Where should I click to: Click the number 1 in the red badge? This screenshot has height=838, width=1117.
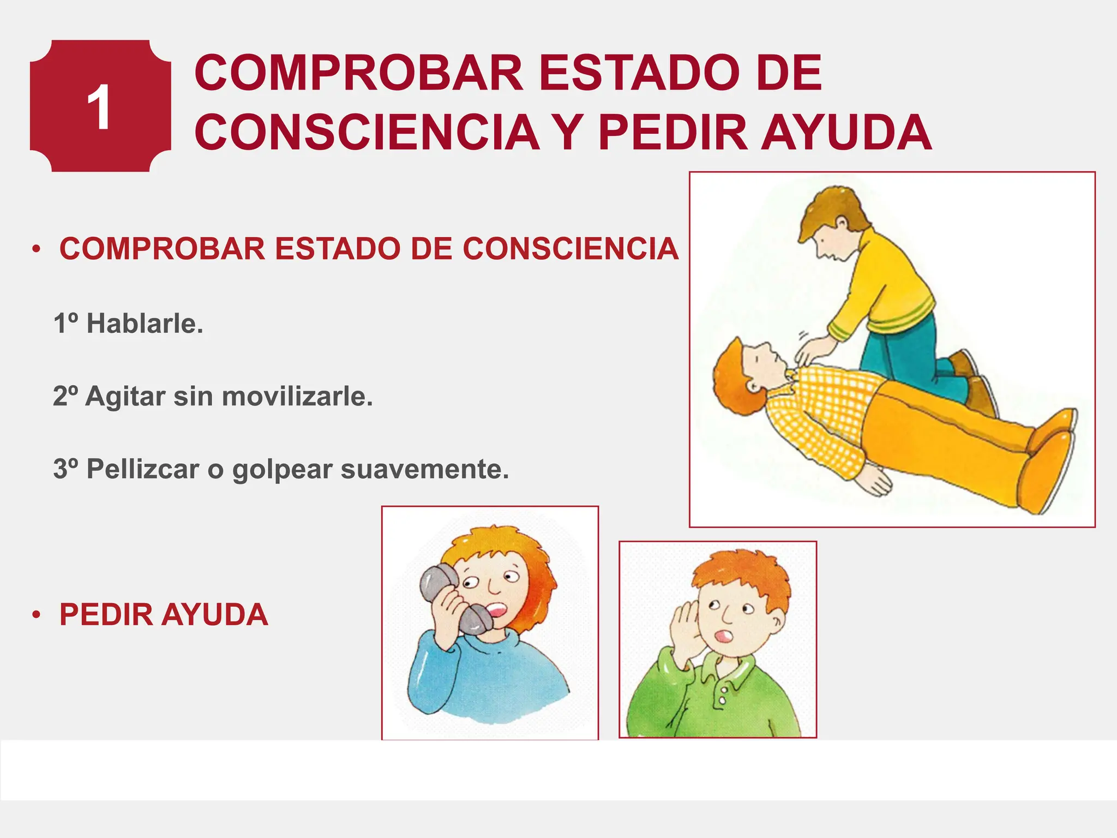(x=99, y=107)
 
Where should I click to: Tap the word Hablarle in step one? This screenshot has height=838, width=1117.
(x=145, y=324)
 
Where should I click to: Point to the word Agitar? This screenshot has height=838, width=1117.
(x=125, y=396)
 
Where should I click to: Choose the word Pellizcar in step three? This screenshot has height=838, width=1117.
(x=142, y=469)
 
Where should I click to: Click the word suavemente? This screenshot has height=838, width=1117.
(x=425, y=469)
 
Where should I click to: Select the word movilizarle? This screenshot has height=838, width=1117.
(x=297, y=396)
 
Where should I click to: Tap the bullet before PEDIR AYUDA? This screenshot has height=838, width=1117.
(x=37, y=615)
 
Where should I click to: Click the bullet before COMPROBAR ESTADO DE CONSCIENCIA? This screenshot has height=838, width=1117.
(x=37, y=249)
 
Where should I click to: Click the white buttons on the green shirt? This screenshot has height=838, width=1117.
(x=723, y=696)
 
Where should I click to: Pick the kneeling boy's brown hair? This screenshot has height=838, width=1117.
(x=829, y=210)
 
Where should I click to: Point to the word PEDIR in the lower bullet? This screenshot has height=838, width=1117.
(x=106, y=615)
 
